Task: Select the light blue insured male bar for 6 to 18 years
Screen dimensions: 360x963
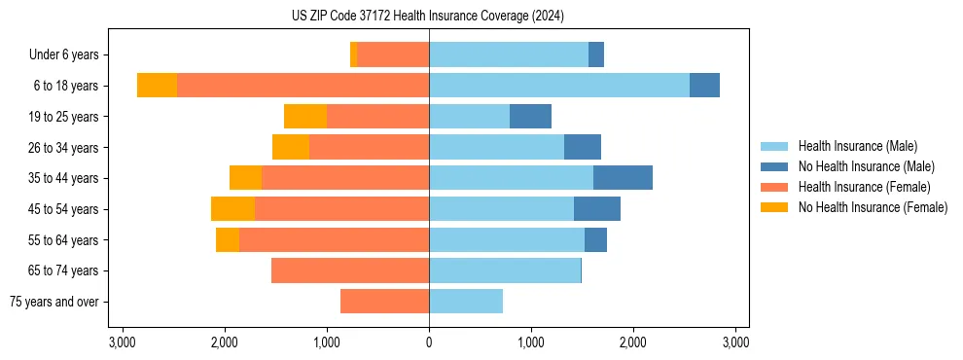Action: pyautogui.click(x=559, y=86)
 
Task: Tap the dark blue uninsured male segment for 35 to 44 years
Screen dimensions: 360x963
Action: pyautogui.click(x=623, y=178)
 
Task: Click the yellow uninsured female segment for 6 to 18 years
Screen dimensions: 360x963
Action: pyautogui.click(x=157, y=86)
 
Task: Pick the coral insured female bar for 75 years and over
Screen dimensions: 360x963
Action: pyautogui.click(x=384, y=302)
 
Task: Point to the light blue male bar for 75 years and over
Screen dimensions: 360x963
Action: pyautogui.click(x=466, y=302)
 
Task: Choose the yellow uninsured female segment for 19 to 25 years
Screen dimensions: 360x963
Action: pyautogui.click(x=305, y=117)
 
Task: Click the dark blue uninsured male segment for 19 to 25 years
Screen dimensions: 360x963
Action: pyautogui.click(x=530, y=117)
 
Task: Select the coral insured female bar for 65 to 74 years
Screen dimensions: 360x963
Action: pyautogui.click(x=350, y=270)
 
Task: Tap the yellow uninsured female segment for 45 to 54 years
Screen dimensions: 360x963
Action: pyautogui.click(x=232, y=209)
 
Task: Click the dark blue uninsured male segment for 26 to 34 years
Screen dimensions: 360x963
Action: pyautogui.click(x=583, y=147)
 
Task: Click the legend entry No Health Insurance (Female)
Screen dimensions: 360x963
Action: pyautogui.click(x=873, y=207)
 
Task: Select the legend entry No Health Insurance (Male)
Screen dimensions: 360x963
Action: pyautogui.click(x=866, y=166)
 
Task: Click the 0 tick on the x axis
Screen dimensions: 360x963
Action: pyautogui.click(x=429, y=342)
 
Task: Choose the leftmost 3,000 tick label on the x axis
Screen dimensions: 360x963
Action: pyautogui.click(x=123, y=342)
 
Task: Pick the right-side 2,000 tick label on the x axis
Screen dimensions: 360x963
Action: pyautogui.click(x=633, y=342)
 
